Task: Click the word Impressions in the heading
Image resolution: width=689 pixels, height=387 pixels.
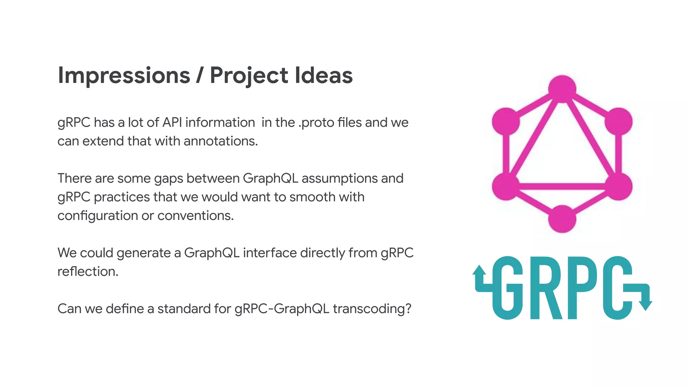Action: [x=124, y=75]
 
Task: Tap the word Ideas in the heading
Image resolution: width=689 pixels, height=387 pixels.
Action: [x=324, y=75]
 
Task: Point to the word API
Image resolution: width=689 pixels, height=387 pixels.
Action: [x=172, y=122]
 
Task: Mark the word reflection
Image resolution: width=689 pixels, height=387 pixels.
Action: [x=88, y=271]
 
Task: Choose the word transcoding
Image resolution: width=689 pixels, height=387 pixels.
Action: [x=372, y=309]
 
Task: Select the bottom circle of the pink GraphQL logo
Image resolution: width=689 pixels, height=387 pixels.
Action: [x=562, y=219]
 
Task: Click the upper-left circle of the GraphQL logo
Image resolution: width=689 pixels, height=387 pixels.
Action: [x=506, y=121]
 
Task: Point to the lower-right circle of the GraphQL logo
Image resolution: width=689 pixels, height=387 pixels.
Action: [x=618, y=186]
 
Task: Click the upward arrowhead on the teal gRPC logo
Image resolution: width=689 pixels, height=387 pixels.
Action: [x=479, y=270]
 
